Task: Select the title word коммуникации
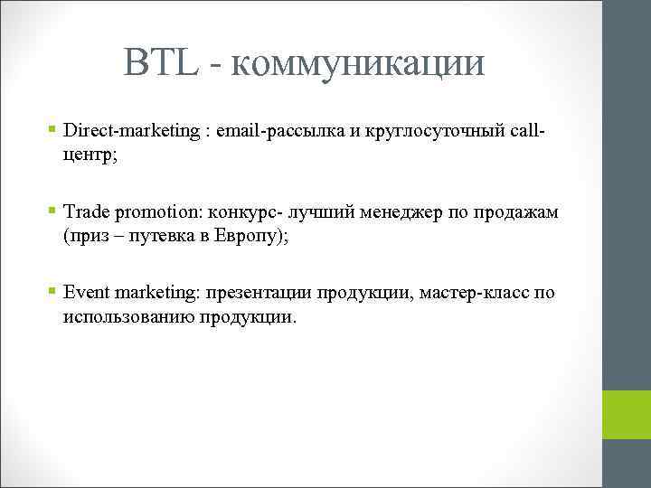(x=358, y=65)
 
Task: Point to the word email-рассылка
(x=279, y=132)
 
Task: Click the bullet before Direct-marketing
(x=53, y=132)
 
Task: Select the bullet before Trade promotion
(x=53, y=212)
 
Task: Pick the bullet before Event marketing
(x=53, y=293)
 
